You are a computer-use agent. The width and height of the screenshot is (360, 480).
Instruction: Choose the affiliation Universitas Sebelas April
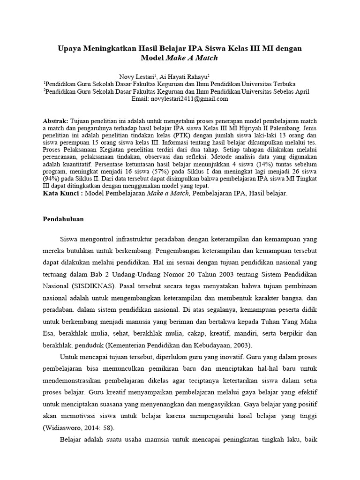[x=279, y=91]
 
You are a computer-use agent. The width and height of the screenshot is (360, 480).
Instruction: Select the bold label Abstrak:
[x=55, y=120]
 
